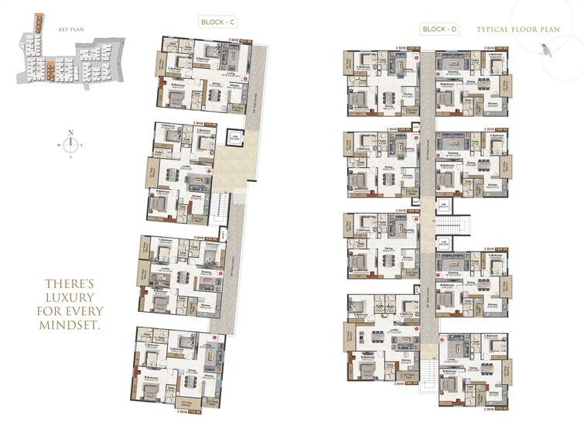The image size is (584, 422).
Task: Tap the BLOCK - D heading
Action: click(440, 29)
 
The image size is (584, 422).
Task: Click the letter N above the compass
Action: click(70, 132)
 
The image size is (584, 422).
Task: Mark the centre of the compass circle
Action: click(70, 144)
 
